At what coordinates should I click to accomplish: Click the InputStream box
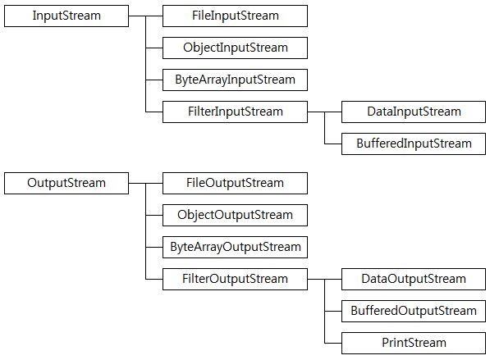coord(66,16)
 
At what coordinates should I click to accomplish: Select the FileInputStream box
coord(235,16)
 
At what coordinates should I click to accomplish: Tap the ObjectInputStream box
coord(235,48)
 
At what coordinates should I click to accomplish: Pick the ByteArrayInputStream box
coord(235,80)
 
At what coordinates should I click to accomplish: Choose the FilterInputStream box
coord(235,112)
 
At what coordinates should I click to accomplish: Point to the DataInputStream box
coord(414,112)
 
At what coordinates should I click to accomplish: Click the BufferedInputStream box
coord(414,144)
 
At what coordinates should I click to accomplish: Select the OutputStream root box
coord(66,183)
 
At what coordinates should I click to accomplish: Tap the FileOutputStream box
coord(235,183)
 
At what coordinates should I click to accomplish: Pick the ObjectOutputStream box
coord(235,215)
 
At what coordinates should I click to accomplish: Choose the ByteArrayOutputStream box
coord(235,248)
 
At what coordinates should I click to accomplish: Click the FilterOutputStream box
coord(235,279)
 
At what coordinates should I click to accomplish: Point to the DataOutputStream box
coord(414,279)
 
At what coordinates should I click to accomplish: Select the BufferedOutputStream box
coord(414,312)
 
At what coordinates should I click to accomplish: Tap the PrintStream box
coord(414,343)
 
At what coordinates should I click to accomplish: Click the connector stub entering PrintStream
coord(333,343)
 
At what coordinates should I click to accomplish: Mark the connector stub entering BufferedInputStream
coord(333,144)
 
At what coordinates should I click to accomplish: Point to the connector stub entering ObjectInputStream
coord(154,48)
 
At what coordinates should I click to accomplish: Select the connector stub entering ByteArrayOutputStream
coord(154,248)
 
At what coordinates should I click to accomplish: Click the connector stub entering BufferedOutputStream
coord(333,312)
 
